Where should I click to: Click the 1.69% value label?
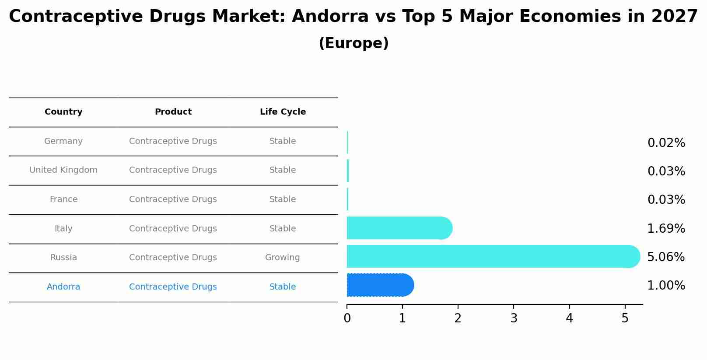point(666,228)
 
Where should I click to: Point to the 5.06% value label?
point(666,257)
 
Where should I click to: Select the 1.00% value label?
point(666,286)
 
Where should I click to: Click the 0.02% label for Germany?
point(666,143)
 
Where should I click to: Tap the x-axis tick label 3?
point(514,318)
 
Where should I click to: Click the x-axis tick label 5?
point(625,318)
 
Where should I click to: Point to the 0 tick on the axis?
point(347,318)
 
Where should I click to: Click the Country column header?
point(63,112)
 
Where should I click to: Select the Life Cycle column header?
point(283,112)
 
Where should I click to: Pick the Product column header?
point(173,112)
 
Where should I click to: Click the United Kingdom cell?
point(63,170)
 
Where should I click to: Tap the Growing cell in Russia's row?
point(283,258)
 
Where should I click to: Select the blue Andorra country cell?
point(63,287)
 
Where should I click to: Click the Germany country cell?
point(63,141)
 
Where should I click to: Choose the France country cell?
point(63,199)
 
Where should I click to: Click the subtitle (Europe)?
point(353,43)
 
